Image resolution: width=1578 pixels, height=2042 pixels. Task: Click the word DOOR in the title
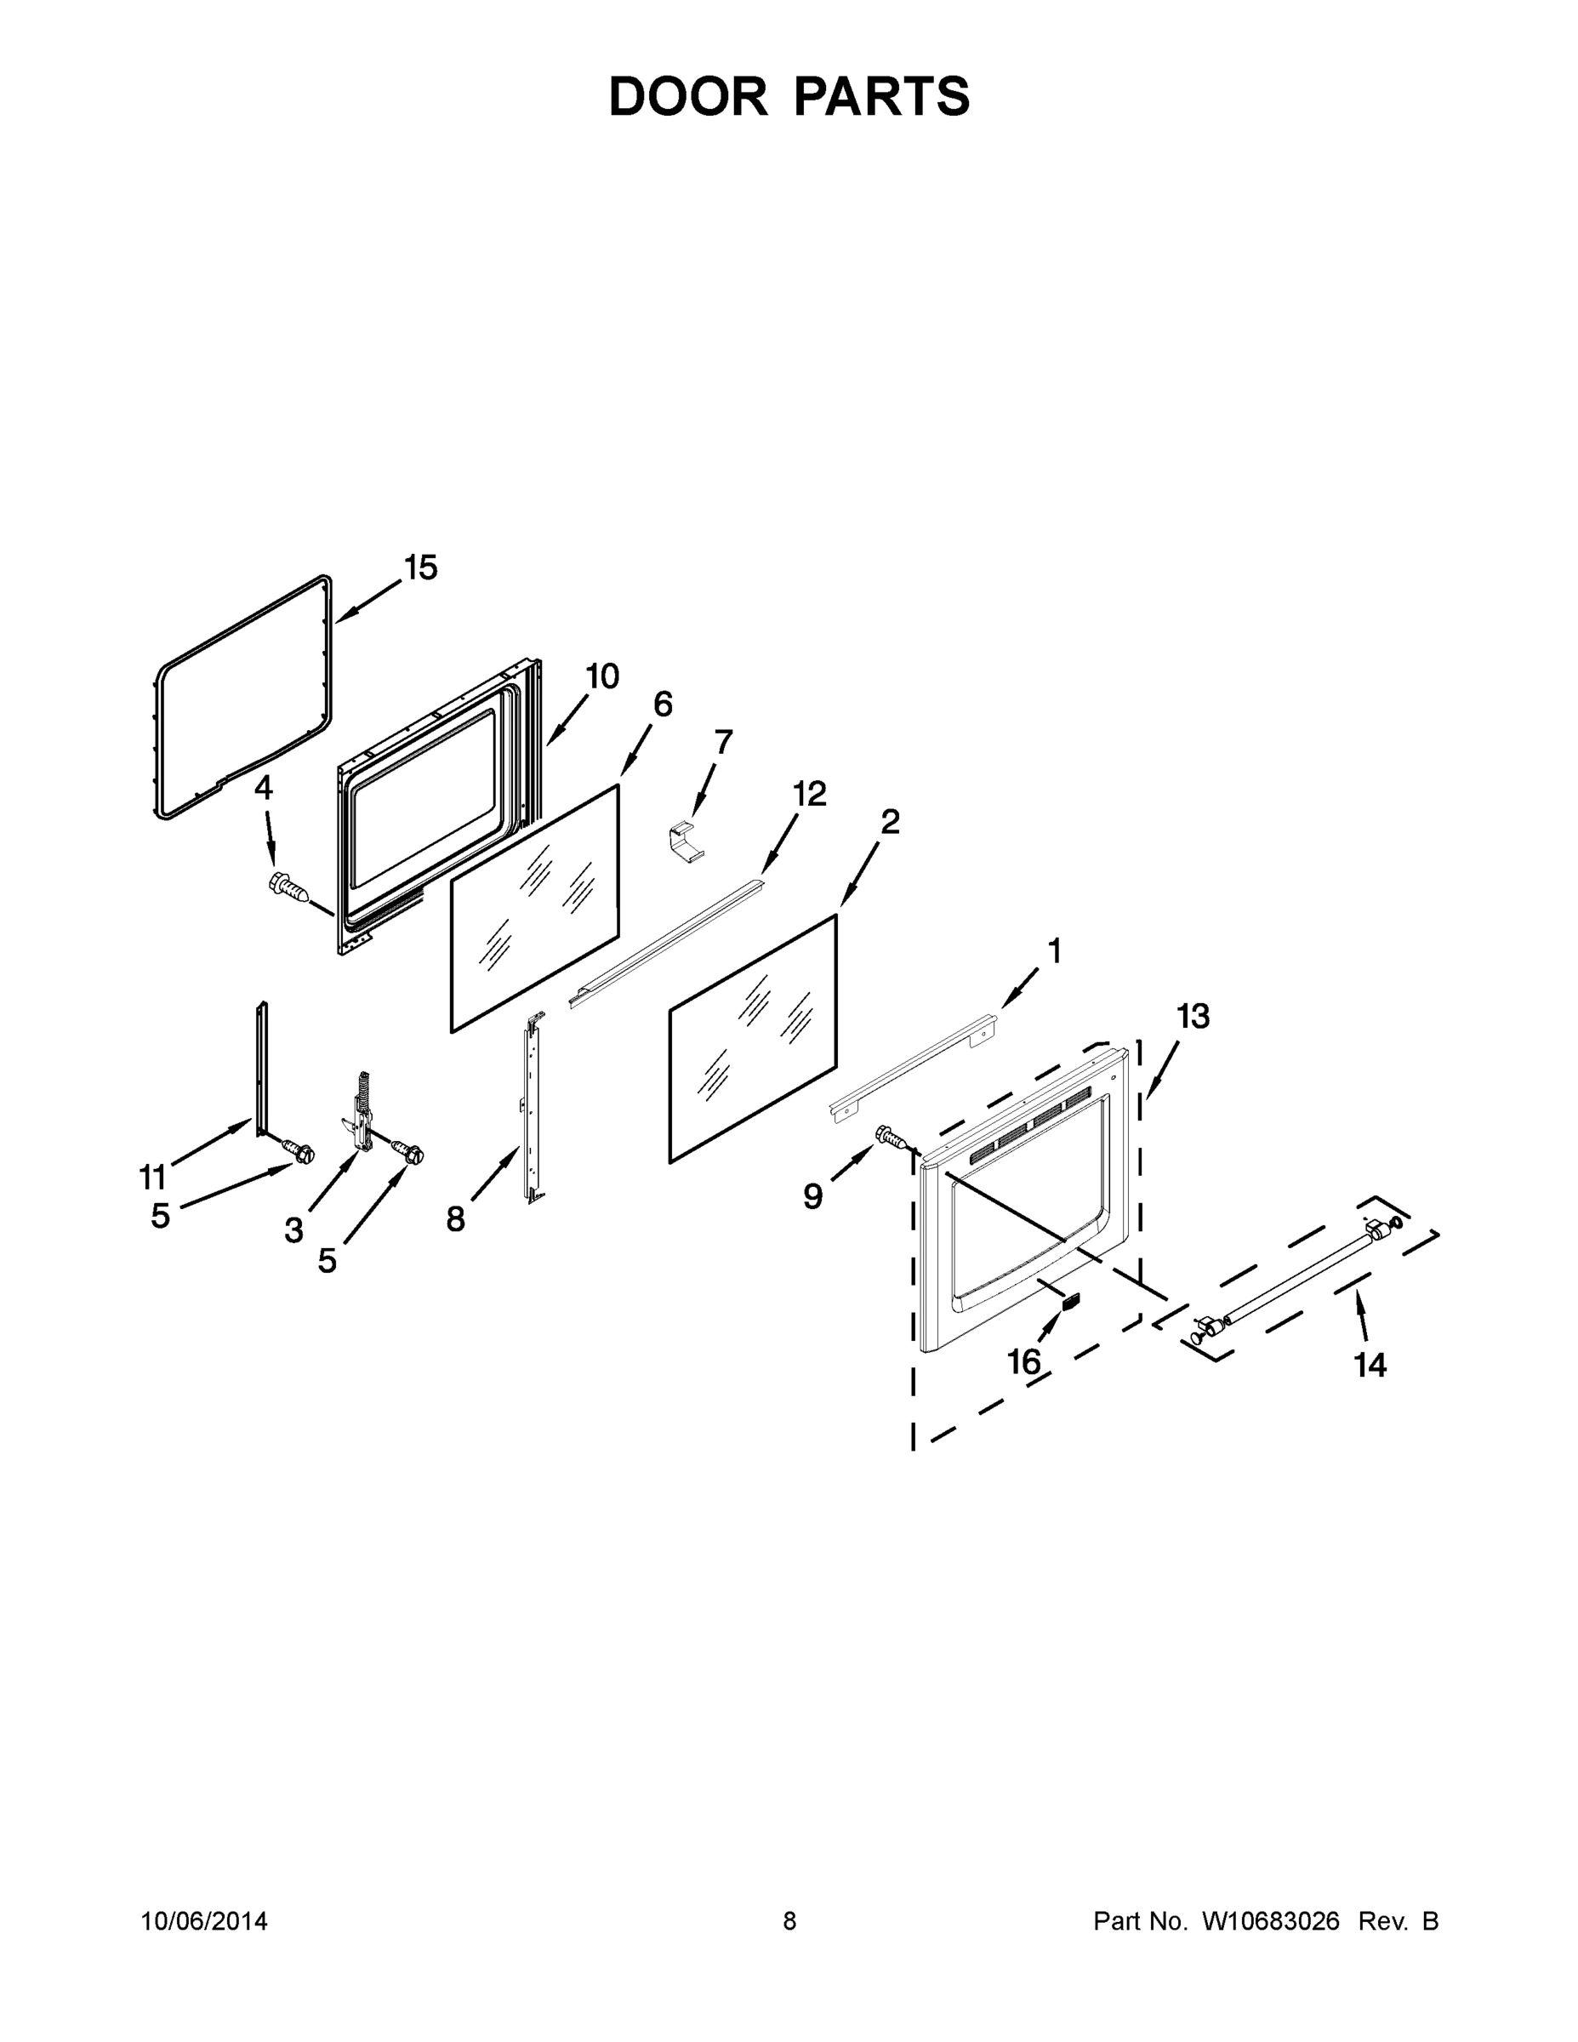pyautogui.click(x=688, y=96)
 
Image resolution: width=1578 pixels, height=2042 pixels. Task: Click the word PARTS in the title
pyautogui.click(x=881, y=96)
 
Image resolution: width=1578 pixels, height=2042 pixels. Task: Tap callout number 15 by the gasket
pyautogui.click(x=421, y=568)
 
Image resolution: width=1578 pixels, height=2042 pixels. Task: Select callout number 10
pyautogui.click(x=602, y=676)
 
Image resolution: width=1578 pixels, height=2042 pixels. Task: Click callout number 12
pyautogui.click(x=810, y=794)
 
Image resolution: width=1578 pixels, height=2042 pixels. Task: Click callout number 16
pyautogui.click(x=1023, y=1361)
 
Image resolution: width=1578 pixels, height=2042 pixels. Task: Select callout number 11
pyautogui.click(x=152, y=1175)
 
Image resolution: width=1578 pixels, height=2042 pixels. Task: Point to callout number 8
pyautogui.click(x=455, y=1218)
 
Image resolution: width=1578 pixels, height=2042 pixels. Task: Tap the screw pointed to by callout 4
pyautogui.click(x=290, y=886)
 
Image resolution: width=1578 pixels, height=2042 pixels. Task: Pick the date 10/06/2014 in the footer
pyautogui.click(x=204, y=1921)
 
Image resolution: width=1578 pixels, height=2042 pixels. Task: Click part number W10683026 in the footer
pyautogui.click(x=1269, y=1921)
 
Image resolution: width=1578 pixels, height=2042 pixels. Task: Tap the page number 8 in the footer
pyautogui.click(x=789, y=1921)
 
